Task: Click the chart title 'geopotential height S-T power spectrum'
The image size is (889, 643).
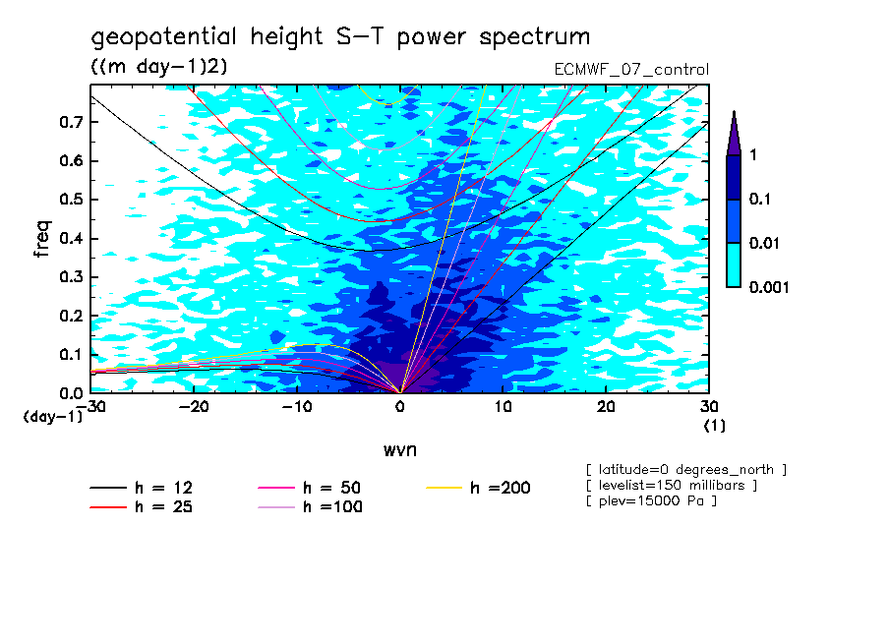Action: (x=340, y=37)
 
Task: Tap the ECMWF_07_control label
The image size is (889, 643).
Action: (x=631, y=70)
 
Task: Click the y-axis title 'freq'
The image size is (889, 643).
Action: (x=41, y=239)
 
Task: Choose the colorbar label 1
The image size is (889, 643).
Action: (x=752, y=155)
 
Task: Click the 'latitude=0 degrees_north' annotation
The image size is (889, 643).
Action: (x=685, y=468)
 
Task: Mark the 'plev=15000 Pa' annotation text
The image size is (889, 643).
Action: (x=651, y=501)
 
